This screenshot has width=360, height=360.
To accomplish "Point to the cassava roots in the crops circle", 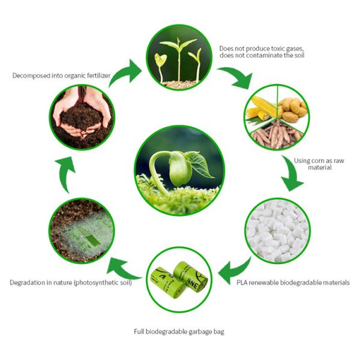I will click(x=277, y=136).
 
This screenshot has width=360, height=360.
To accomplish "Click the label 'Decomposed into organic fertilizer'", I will click(x=63, y=76).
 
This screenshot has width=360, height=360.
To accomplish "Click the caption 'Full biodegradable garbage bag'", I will click(x=179, y=331).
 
